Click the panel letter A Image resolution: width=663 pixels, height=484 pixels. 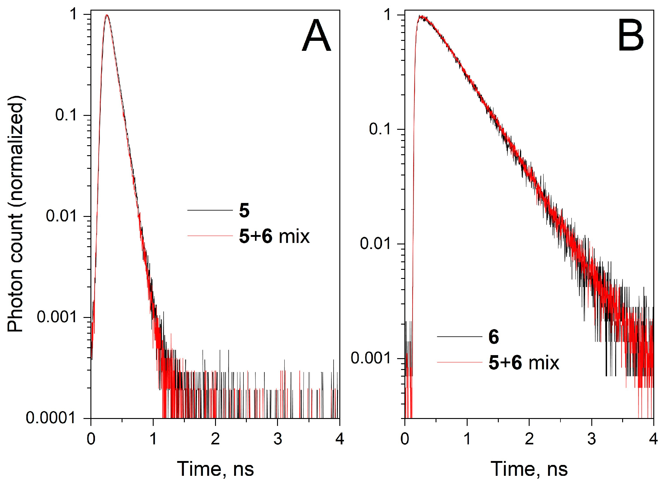click(x=316, y=36)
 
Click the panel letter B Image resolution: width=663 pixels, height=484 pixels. click(x=630, y=36)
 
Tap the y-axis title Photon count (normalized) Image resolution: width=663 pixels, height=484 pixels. click(x=15, y=214)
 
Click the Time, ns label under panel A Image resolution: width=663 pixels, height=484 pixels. click(x=215, y=469)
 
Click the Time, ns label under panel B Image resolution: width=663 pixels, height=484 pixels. click(x=529, y=469)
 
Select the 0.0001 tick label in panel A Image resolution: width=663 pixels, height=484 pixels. click(x=50, y=418)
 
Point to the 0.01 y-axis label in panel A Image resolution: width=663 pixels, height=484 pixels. click(x=60, y=216)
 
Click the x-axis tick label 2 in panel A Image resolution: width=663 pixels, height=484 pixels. click(x=215, y=439)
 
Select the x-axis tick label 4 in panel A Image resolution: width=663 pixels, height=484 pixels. click(x=340, y=439)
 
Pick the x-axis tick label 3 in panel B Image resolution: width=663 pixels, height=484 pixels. click(x=591, y=439)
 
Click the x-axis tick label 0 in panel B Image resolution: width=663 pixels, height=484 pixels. click(x=405, y=439)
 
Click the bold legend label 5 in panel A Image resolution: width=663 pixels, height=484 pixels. click(x=244, y=211)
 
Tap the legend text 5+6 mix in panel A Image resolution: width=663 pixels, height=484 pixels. click(x=274, y=236)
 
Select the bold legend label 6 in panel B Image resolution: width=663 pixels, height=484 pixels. click(x=494, y=337)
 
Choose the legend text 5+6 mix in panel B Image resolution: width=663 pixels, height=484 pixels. click(x=524, y=363)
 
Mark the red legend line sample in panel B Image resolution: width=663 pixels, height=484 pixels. click(x=459, y=362)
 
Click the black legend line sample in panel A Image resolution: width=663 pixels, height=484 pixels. click(x=210, y=210)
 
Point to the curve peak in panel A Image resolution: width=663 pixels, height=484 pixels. click(x=106, y=15)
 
